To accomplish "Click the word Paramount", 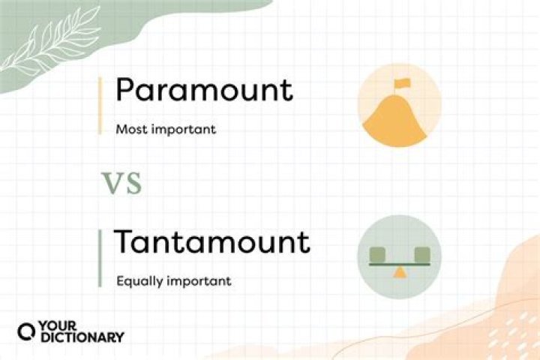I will [203, 91].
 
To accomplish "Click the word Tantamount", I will [211, 243].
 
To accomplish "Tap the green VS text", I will [122, 182].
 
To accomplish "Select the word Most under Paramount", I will [130, 129].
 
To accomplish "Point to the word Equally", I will [137, 283].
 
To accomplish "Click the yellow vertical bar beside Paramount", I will [100, 105].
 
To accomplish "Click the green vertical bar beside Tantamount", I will [100, 259].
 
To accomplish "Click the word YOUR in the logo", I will [56, 328].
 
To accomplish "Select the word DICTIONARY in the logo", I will [82, 338].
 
